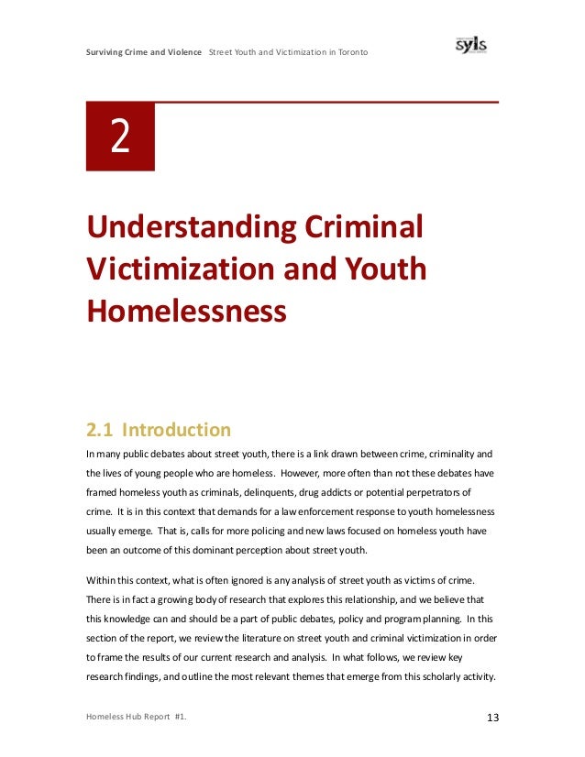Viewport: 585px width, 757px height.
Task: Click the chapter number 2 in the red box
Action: [120, 137]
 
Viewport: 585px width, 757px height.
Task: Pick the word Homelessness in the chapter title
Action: [186, 311]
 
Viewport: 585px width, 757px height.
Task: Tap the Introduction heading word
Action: [177, 429]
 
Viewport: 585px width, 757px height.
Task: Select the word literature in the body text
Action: [265, 638]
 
